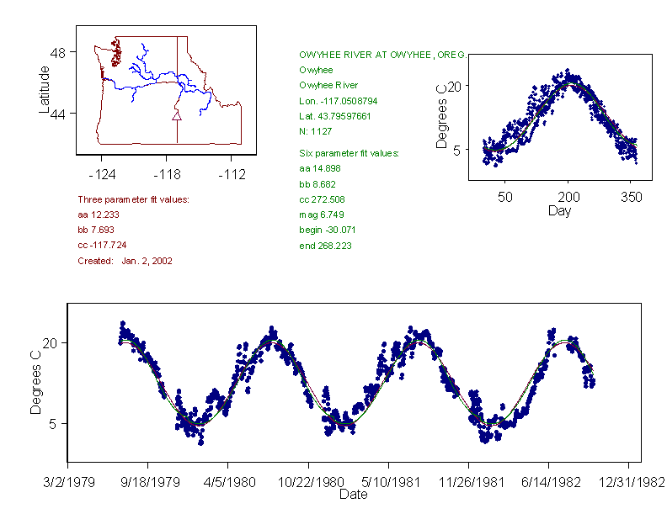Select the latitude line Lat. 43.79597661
(x=335, y=116)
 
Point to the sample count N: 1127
(x=316, y=131)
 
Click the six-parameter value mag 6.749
(x=316, y=215)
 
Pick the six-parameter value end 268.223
(x=326, y=246)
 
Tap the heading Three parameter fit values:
(x=133, y=199)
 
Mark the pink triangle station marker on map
(x=176, y=115)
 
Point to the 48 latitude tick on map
(x=59, y=52)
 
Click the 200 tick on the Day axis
(x=568, y=197)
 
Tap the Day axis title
(x=559, y=210)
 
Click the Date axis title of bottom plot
(x=353, y=495)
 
